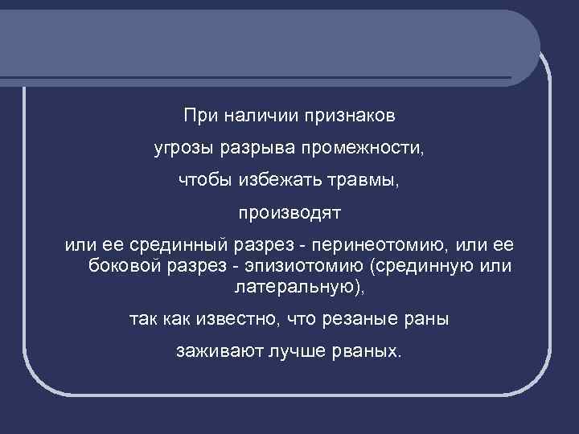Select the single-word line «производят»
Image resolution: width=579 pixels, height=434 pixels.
point(289,215)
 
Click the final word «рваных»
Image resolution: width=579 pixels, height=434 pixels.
point(363,352)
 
